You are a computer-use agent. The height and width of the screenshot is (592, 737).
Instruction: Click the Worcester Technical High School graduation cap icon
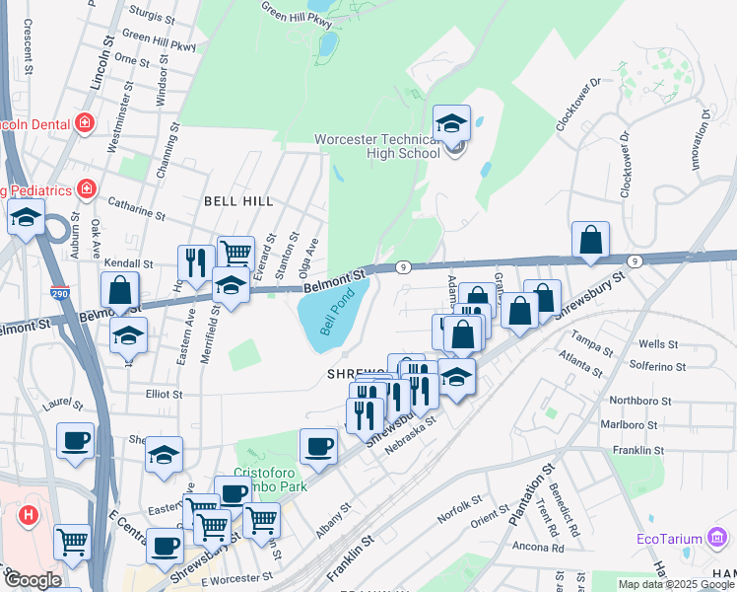[452, 124]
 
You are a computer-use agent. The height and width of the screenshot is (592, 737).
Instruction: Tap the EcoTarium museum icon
[718, 539]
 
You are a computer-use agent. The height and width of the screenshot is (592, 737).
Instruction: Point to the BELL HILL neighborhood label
[237, 200]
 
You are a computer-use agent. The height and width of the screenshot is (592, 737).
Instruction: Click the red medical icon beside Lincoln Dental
[86, 123]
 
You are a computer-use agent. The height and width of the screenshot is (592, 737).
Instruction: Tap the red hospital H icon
[29, 514]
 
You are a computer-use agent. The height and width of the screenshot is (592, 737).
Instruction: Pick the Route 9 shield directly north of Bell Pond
[403, 267]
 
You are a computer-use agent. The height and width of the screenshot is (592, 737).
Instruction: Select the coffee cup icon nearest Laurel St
[75, 441]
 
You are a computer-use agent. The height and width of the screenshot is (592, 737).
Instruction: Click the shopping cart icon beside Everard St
[235, 254]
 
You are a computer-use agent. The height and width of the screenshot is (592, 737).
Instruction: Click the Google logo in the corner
[32, 580]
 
